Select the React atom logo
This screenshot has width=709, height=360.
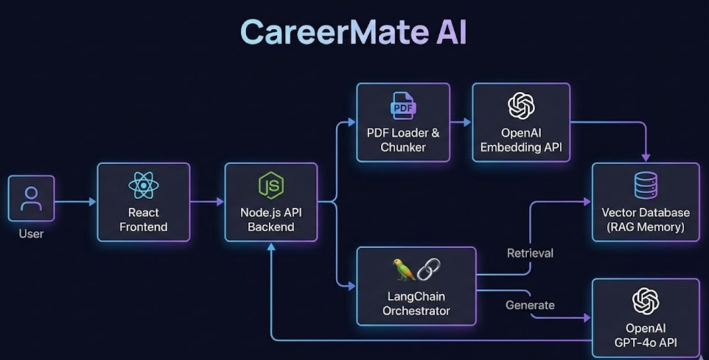pyautogui.click(x=143, y=185)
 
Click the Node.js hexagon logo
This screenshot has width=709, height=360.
pyautogui.click(x=270, y=186)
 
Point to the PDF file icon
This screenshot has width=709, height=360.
pyautogui.click(x=402, y=105)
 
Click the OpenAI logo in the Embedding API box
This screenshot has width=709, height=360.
pyautogui.click(x=521, y=106)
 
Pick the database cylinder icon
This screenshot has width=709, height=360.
pyautogui.click(x=646, y=185)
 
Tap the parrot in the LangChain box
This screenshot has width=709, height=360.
pyautogui.click(x=401, y=269)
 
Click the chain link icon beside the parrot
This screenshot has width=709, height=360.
pyautogui.click(x=428, y=269)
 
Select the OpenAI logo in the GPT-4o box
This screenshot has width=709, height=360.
pyautogui.click(x=645, y=301)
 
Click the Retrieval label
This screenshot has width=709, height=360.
pyautogui.click(x=530, y=253)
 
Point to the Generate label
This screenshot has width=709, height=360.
pyautogui.click(x=530, y=305)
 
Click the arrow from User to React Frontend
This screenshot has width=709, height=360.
pyautogui.click(x=75, y=202)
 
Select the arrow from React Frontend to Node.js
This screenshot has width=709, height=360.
pyautogui.click(x=207, y=202)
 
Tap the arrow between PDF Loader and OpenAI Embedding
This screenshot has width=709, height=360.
pyautogui.click(x=461, y=122)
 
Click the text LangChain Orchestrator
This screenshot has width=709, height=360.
pyautogui.click(x=416, y=304)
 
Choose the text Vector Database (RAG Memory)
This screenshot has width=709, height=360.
pyautogui.click(x=645, y=220)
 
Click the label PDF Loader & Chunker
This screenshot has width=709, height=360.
pyautogui.click(x=403, y=140)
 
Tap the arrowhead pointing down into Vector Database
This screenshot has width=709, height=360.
pyautogui.click(x=646, y=158)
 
